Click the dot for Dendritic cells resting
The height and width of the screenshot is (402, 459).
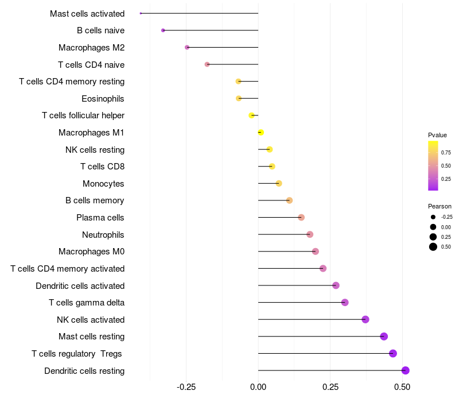tap(405, 370)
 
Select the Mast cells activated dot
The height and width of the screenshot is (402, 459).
tap(141, 13)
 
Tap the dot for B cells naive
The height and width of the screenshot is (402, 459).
tap(163, 30)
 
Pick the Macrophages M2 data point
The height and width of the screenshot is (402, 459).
tap(187, 47)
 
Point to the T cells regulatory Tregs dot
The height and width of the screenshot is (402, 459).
tap(393, 353)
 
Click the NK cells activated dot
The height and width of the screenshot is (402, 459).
tap(365, 319)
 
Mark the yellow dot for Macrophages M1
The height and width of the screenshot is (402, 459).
tap(260, 133)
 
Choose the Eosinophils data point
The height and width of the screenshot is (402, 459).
tap(239, 98)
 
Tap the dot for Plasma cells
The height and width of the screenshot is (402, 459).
tap(301, 217)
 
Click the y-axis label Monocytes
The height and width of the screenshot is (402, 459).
tap(103, 184)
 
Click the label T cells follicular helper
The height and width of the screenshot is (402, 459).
tap(83, 115)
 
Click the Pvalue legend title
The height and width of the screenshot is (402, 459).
tap(437, 135)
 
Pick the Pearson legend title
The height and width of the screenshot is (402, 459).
tap(439, 206)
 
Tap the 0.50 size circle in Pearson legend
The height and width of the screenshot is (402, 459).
tap(433, 247)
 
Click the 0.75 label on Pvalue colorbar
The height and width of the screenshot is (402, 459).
tap(446, 152)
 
